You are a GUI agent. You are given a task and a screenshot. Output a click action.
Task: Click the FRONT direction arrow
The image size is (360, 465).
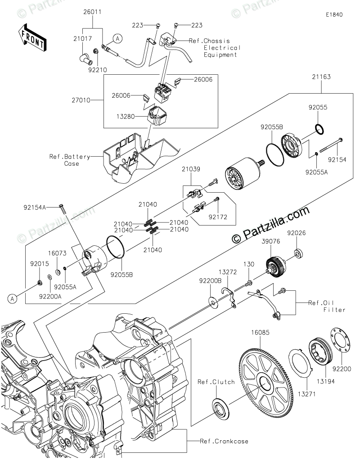32,38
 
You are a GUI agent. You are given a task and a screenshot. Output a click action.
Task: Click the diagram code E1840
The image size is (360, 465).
334,14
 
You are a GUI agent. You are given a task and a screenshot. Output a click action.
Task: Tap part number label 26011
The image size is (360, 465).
92,12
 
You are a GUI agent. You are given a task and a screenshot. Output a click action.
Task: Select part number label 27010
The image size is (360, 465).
81,100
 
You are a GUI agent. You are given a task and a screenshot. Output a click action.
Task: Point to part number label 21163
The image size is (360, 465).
321,77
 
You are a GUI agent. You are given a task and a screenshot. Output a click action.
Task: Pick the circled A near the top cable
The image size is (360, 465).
118,39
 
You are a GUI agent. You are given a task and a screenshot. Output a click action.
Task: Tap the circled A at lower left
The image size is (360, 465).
13,298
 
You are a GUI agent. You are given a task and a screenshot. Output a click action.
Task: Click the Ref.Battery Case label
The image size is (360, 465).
70,160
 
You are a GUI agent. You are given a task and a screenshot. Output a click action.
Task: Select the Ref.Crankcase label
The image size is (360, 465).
224,441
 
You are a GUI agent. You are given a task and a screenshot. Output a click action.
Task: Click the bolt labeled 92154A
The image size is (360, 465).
62,209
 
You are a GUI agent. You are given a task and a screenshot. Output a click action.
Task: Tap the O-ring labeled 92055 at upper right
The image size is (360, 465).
319,129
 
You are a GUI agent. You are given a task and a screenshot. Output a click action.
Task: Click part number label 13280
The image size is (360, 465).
126,116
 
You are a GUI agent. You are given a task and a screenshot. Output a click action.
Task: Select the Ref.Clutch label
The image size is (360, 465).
216,382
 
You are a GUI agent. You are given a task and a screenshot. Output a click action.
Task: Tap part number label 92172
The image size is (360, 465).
218,217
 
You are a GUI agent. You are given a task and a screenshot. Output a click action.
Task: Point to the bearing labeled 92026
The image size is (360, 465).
299,253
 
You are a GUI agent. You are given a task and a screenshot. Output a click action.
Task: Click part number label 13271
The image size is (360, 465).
306,394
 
